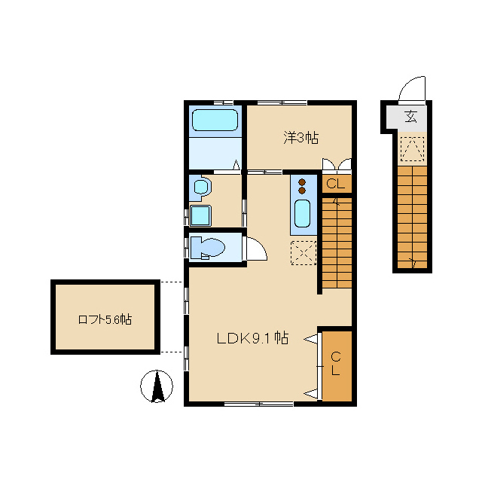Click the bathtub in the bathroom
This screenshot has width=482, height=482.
(215, 120)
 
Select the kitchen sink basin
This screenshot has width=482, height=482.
(302, 213)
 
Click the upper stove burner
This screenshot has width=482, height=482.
(302, 182)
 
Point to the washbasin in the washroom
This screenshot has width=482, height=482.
(201, 187)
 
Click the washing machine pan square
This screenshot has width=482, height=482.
(200, 215)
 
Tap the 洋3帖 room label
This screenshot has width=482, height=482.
(300, 138)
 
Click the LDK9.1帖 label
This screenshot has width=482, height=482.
(253, 338)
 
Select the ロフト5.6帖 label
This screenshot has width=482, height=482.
(105, 319)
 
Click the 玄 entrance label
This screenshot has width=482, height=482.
(411, 116)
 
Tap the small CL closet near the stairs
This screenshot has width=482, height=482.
(337, 184)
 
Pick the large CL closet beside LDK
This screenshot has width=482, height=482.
(337, 366)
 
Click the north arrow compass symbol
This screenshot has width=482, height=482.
(157, 386)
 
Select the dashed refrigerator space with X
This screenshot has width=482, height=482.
(304, 253)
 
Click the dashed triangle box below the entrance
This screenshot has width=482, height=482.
(412, 149)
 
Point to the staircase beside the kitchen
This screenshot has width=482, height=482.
(337, 243)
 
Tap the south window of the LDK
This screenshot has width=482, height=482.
(259, 404)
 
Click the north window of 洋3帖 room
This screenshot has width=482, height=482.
(282, 102)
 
